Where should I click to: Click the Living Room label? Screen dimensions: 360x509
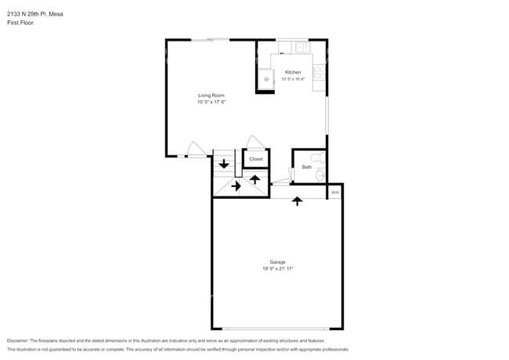[x=211, y=95]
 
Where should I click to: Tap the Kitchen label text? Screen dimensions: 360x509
[x=292, y=72]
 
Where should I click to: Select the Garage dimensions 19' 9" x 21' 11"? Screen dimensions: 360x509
[x=277, y=268]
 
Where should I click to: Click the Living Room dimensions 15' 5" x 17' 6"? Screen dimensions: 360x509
[x=211, y=102]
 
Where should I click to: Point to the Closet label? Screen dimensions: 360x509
[x=256, y=159]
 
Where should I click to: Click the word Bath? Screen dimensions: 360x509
[x=306, y=167]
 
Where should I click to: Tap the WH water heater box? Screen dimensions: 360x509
[x=334, y=192]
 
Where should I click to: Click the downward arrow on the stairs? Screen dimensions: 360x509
[x=224, y=164]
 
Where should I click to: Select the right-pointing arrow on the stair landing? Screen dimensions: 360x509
[x=236, y=186]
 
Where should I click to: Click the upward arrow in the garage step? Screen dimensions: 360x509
[x=296, y=201]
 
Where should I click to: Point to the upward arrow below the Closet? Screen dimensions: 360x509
[x=254, y=179]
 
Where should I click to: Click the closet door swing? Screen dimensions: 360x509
[x=254, y=142]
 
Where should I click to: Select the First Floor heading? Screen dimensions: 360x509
[x=21, y=23]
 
